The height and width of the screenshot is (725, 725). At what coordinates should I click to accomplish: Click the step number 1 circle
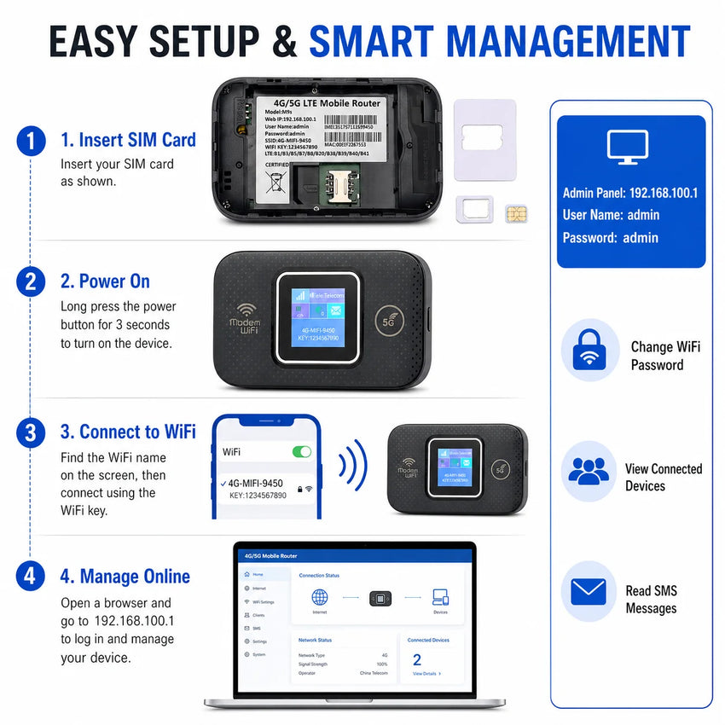tap(31, 141)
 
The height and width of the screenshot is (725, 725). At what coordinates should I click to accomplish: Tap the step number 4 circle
tap(31, 577)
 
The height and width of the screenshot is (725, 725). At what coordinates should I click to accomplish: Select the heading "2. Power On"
tap(105, 281)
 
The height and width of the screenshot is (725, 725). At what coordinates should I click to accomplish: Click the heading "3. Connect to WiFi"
tap(128, 432)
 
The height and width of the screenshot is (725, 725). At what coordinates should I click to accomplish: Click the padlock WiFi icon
tap(589, 348)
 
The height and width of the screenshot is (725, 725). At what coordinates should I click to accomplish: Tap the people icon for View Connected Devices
tap(589, 471)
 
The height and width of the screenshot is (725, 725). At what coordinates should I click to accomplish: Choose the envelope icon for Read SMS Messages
tap(589, 591)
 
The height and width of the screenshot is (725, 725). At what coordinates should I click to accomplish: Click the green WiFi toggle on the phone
tap(301, 451)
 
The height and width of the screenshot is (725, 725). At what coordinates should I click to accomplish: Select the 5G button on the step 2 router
tap(389, 322)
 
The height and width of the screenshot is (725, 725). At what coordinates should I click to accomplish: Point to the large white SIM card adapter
tap(484, 140)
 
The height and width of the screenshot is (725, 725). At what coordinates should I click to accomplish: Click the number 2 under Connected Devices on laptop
tap(417, 659)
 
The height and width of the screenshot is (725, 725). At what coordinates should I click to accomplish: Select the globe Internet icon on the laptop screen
tap(320, 597)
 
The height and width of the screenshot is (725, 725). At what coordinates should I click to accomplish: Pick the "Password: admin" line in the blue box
tap(611, 238)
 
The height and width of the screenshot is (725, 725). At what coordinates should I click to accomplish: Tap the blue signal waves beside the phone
tap(352, 465)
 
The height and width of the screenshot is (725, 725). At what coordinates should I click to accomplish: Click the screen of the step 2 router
tap(316, 317)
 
